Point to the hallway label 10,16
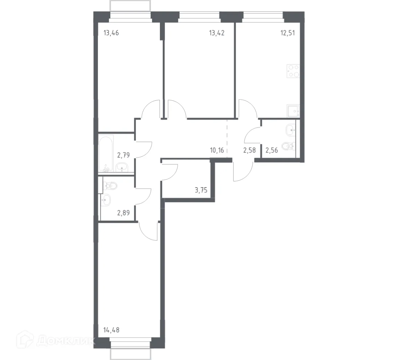[217, 150]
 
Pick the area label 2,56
[272, 150]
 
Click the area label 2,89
[123, 213]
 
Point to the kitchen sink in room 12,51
[293, 111]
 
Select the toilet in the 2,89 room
[111, 186]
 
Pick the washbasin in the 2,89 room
[106, 199]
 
